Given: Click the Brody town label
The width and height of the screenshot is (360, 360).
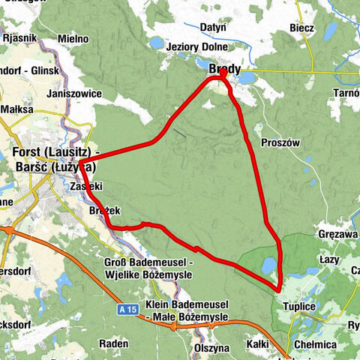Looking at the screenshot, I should point(224,70).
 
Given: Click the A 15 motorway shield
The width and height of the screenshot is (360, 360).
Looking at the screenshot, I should point(128,307).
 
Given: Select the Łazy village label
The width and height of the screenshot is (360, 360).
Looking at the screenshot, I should point(330,258).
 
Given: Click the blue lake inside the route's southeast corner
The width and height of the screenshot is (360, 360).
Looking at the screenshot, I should point(268,265).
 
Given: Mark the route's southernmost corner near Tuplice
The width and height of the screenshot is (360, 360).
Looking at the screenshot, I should point(279,289).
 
